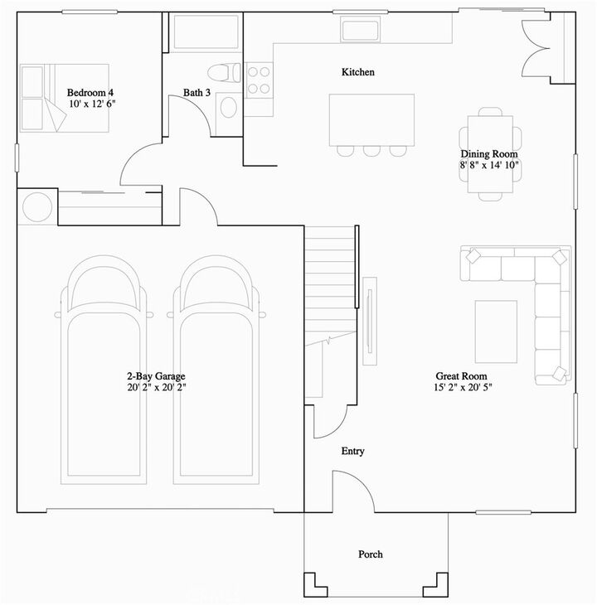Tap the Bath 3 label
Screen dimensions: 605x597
tap(196, 93)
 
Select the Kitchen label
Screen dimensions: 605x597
tap(358, 73)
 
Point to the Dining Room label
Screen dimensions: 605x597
tap(489, 154)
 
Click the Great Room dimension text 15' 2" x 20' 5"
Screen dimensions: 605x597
tap(469, 387)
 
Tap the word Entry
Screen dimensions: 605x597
tap(353, 452)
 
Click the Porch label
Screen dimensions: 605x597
tap(371, 554)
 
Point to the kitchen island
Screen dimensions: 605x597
tap(372, 119)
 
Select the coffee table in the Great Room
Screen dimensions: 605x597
tap(496, 332)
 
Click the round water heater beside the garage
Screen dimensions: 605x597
tap(37, 206)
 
